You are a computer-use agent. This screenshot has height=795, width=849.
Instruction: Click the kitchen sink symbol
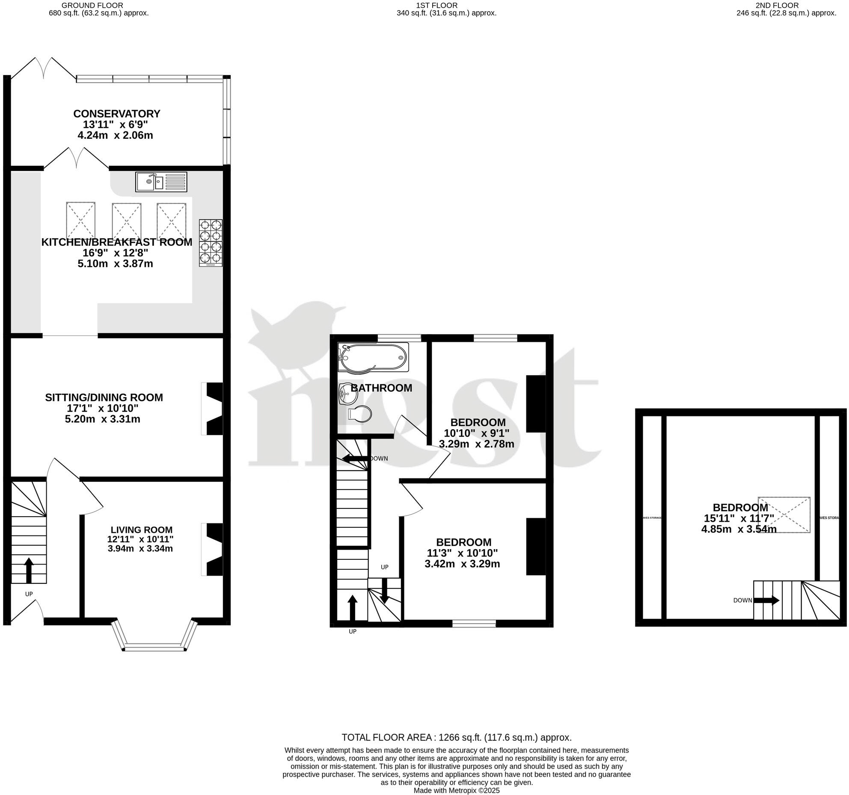(161, 182)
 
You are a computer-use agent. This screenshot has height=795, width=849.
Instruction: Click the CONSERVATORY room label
(117, 114)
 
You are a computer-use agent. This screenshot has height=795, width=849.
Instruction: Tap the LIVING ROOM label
(141, 530)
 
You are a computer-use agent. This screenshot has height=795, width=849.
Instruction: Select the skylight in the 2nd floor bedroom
(784, 514)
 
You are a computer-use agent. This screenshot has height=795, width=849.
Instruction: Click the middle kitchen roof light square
(126, 221)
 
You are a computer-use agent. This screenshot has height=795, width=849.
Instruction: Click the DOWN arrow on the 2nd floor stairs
(766, 600)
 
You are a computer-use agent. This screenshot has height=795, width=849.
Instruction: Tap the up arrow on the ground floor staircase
(29, 570)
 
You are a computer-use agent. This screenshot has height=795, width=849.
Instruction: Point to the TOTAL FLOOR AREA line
(456, 737)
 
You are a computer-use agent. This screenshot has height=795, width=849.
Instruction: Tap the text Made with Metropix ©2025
(456, 790)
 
